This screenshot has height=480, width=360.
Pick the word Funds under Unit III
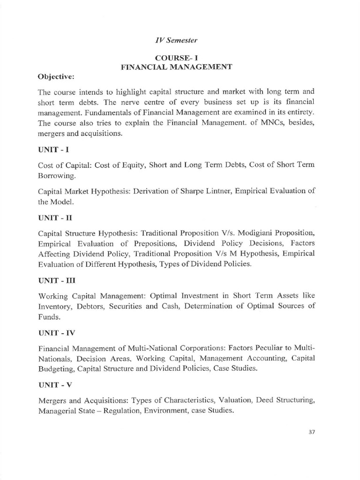(48, 316)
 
